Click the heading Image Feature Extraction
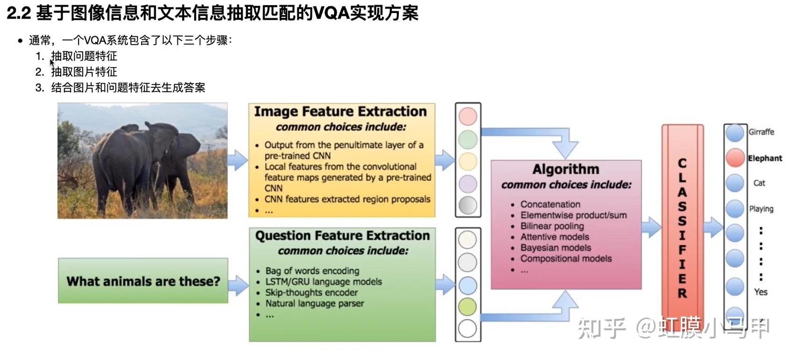point(340,112)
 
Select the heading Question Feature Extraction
point(342,236)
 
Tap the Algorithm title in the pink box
point(565,169)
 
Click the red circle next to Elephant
point(734,158)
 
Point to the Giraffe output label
point(761,132)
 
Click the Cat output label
point(759,183)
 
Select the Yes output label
point(761,292)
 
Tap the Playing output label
point(761,209)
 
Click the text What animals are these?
point(143,281)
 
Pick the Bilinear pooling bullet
point(552,226)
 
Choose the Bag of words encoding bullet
point(312,271)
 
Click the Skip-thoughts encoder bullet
point(311,293)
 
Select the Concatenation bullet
point(550,205)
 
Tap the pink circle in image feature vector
point(468,116)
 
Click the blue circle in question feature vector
point(467,285)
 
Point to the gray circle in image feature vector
point(467,205)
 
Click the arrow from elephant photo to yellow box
point(238,161)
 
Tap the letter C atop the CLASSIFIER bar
point(682,163)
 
